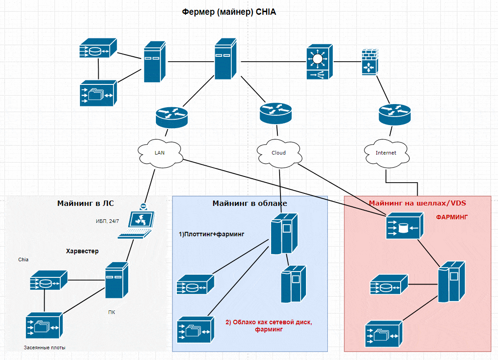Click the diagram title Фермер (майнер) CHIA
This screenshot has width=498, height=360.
229,12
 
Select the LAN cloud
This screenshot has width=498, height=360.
160,153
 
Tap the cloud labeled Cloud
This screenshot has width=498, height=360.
279,153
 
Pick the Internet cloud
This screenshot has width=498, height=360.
385,153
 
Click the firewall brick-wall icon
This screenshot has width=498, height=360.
369,62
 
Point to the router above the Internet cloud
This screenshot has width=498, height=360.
394,114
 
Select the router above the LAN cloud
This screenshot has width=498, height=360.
172,117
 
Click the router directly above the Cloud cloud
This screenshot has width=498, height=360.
276,112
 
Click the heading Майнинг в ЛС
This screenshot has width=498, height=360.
85,204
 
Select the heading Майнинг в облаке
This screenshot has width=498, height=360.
249,204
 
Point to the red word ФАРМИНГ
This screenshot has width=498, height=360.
452,217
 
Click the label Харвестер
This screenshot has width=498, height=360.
82,251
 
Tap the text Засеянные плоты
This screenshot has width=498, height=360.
47,347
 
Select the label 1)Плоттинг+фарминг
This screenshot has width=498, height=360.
211,234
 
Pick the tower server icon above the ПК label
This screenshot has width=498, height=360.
117,280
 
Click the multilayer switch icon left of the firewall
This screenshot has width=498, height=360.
319,62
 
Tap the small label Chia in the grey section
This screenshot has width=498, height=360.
23,260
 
